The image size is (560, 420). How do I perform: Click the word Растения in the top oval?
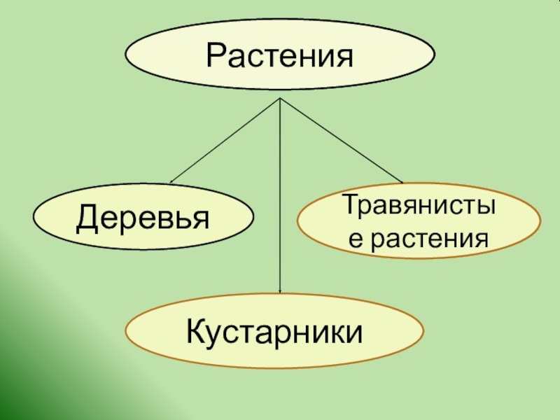[x=279, y=54]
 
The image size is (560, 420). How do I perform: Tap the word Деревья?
[x=143, y=218]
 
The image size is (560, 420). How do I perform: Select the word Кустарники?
[x=274, y=330]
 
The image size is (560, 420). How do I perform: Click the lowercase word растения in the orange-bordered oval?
[x=428, y=240]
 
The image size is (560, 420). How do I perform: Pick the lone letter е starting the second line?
[x=356, y=241]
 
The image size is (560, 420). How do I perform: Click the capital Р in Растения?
[x=214, y=54]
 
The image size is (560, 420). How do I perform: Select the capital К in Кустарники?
[x=195, y=330]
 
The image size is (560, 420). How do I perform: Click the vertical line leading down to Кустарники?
[x=280, y=196]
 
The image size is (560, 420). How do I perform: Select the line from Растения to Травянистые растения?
[x=342, y=141]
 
